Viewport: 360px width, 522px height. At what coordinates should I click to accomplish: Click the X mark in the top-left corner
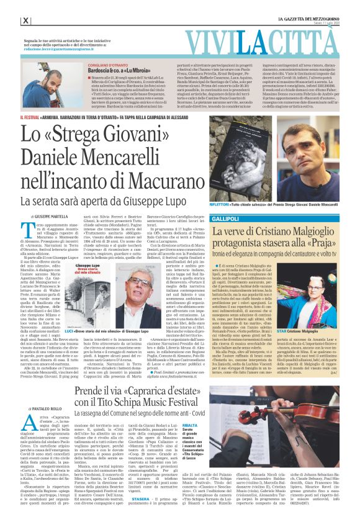click(25, 20)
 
